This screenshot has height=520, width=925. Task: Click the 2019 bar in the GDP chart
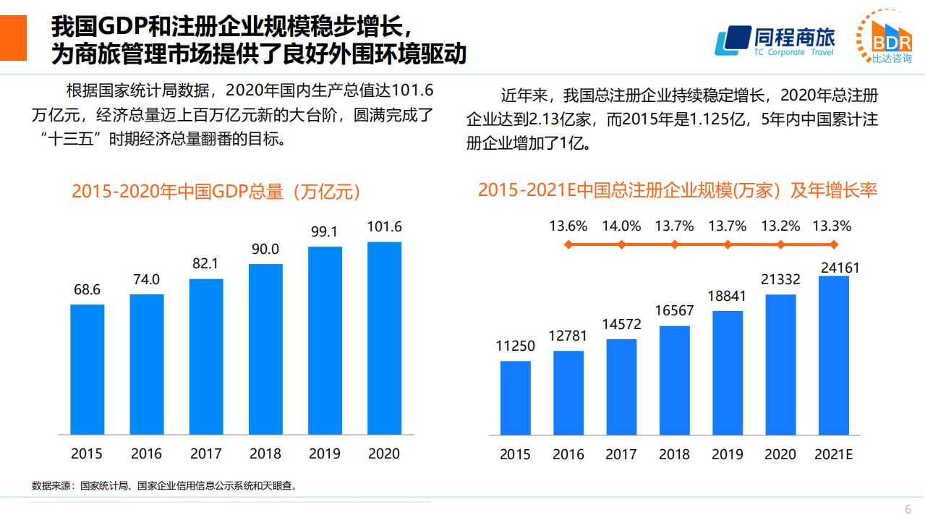point(325,341)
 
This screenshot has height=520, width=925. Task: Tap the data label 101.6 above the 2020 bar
point(384,227)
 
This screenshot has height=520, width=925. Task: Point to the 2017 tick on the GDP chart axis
point(205,454)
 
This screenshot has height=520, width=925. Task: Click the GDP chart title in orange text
point(216,192)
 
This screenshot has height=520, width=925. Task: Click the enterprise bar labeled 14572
point(621,387)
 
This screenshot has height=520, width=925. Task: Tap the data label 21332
point(780,280)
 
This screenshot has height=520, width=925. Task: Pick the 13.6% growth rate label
point(568,226)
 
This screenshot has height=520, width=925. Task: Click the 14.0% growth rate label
point(621,226)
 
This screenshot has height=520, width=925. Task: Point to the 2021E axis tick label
point(834,454)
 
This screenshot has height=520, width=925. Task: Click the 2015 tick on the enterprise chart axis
point(515,454)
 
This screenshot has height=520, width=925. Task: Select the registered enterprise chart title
point(677,190)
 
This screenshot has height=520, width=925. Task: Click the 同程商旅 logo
point(775,41)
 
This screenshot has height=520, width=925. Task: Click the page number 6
point(908,508)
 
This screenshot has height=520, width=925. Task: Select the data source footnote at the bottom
point(165,486)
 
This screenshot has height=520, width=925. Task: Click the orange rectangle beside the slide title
point(13,38)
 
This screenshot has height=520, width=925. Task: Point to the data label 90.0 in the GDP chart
point(265,250)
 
